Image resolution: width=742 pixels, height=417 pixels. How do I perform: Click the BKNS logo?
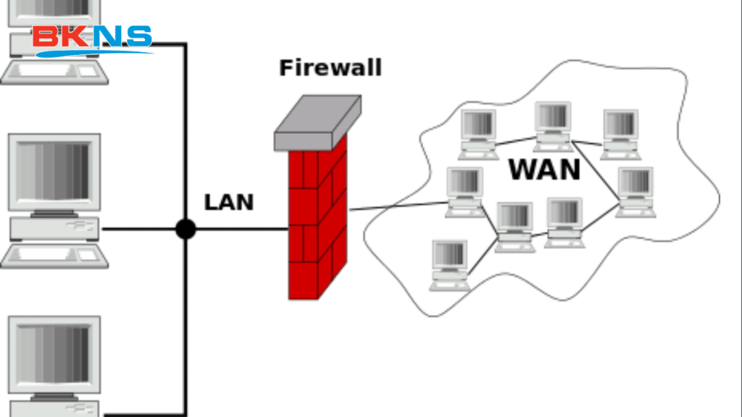point(92,40)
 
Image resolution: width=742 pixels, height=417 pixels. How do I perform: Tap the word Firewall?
point(330,68)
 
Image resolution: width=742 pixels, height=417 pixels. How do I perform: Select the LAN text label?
point(229,202)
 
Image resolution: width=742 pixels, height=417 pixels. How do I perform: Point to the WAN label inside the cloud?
point(544,169)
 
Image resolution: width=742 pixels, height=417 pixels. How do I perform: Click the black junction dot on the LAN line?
point(186,229)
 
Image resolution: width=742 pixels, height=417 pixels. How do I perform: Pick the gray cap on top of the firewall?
point(317,122)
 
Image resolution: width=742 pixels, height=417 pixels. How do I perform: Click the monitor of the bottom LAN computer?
point(54,355)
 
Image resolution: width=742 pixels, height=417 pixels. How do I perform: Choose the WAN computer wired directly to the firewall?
point(464,190)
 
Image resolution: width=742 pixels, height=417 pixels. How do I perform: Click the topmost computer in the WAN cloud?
point(554,125)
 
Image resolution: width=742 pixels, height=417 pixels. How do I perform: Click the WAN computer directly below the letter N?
point(564,222)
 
